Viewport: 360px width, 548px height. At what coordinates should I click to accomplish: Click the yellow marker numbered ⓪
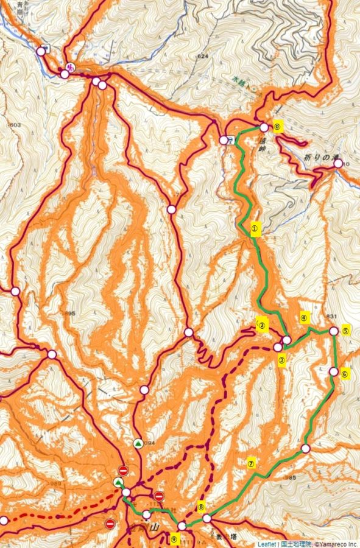coord(277,127)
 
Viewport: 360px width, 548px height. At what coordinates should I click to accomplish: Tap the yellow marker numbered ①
coord(255,229)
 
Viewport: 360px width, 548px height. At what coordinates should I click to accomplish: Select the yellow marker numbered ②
coord(263,325)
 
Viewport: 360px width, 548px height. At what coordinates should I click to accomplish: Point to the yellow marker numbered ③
coord(282,359)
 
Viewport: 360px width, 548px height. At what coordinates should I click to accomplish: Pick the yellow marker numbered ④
coord(305,317)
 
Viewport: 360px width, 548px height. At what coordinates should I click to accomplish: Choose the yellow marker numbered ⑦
coord(252,462)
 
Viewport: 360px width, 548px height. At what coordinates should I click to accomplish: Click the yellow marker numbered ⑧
coord(201,506)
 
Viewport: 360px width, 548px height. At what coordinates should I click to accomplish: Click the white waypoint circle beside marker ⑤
coord(334,331)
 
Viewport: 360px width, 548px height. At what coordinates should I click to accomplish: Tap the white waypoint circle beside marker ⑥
coord(334,371)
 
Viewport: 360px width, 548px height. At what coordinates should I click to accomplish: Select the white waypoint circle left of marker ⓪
coord(264,127)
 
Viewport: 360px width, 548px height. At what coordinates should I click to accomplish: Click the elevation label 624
coord(203,57)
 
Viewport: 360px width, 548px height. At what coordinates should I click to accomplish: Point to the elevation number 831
coord(331,316)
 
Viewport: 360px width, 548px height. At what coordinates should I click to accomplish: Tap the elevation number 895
coord(70,314)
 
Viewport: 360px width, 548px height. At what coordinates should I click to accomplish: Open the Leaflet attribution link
coord(267,543)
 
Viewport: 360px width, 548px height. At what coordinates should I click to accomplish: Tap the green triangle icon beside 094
coord(138,443)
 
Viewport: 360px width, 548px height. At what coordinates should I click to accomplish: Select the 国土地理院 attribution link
coord(293,543)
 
